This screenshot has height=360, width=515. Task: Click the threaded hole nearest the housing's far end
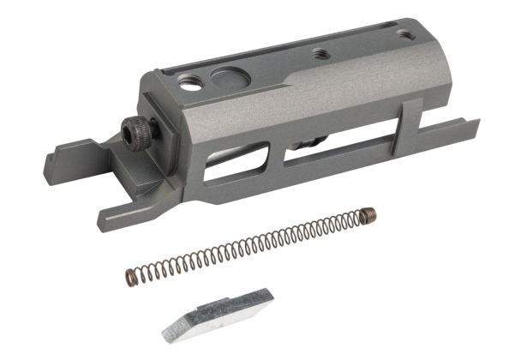pos(402,35)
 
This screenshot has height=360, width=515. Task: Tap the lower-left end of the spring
pos(132,276)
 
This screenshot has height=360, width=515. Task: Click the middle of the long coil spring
pos(249,246)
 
